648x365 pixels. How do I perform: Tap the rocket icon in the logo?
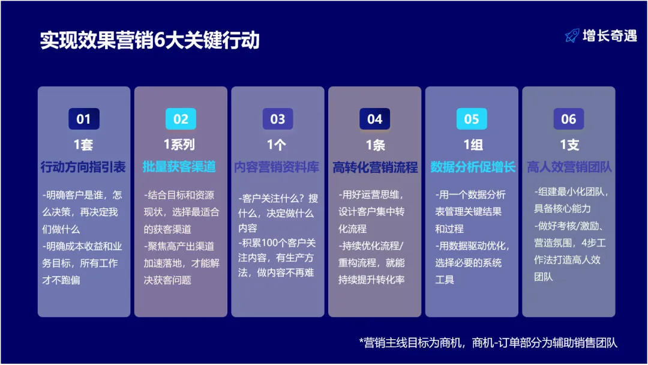[572, 36]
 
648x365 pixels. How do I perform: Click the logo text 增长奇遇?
[609, 36]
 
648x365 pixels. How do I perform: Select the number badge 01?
[83, 119]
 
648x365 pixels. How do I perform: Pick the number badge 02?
[181, 119]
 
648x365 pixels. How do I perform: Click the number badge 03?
[278, 119]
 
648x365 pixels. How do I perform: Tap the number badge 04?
[374, 119]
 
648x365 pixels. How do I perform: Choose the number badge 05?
[472, 119]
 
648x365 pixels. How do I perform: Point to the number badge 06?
[568, 119]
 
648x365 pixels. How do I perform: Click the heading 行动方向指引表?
[83, 167]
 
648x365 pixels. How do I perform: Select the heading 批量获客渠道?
[181, 167]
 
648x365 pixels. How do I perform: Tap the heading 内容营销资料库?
[278, 167]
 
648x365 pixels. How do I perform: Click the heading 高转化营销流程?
[375, 167]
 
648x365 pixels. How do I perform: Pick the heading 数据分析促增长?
[472, 167]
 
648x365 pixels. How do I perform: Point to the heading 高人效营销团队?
[569, 167]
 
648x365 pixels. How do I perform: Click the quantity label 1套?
[83, 145]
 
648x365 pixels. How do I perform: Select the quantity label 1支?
[569, 145]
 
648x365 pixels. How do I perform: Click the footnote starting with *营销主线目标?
[488, 342]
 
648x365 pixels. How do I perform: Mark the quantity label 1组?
[472, 145]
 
